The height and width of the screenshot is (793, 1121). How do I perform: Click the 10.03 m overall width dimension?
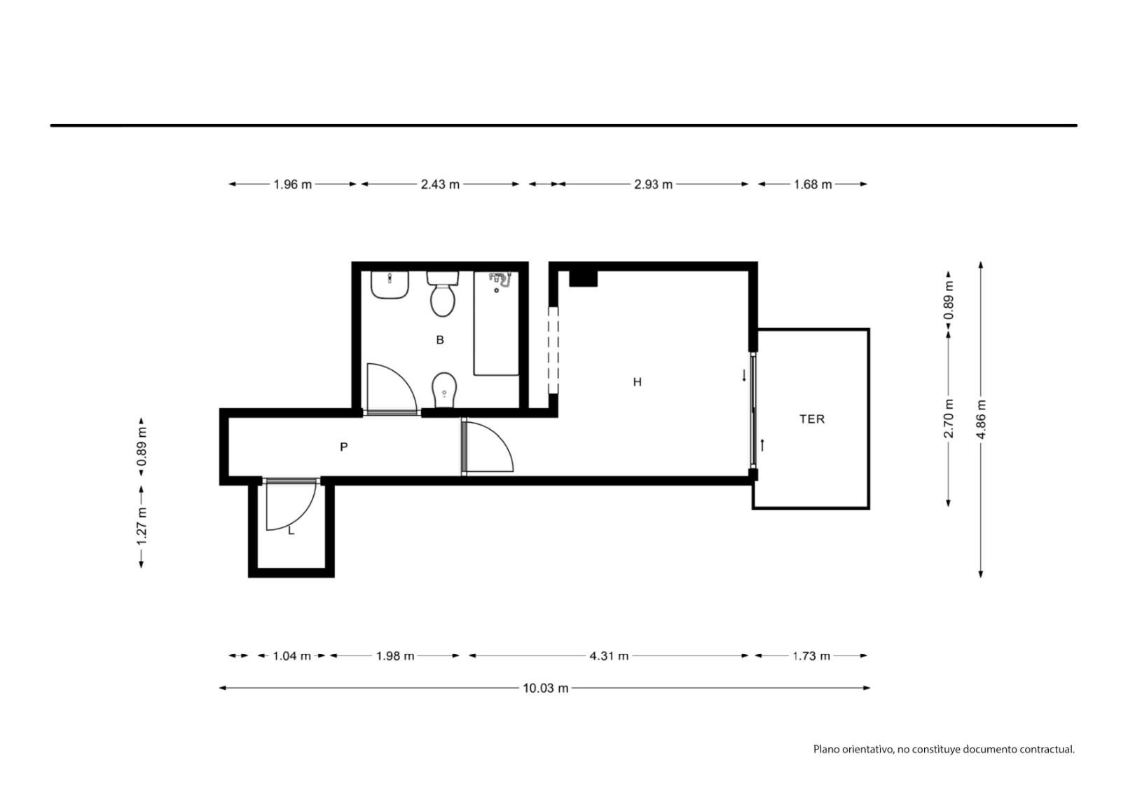546,689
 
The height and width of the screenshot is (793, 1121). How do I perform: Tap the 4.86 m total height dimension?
981,420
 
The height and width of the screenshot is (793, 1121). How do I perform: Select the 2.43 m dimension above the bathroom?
440,184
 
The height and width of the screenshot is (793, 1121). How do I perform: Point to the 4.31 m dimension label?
609,656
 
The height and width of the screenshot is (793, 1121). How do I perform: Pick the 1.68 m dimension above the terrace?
813,184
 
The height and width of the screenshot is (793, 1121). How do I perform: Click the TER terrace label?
812,419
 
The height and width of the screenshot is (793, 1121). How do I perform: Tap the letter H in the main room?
637,382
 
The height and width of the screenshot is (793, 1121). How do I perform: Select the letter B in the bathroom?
440,339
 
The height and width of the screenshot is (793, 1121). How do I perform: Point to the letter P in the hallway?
344,447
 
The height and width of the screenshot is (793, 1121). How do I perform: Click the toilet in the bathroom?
443,294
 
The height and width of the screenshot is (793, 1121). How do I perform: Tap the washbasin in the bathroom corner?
390,285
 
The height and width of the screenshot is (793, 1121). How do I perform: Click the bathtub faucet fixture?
500,280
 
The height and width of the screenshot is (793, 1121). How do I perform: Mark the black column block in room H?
584,278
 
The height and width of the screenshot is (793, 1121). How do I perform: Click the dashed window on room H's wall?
553,350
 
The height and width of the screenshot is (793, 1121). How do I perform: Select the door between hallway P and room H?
488,447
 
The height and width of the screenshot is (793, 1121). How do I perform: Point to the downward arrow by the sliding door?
744,375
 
